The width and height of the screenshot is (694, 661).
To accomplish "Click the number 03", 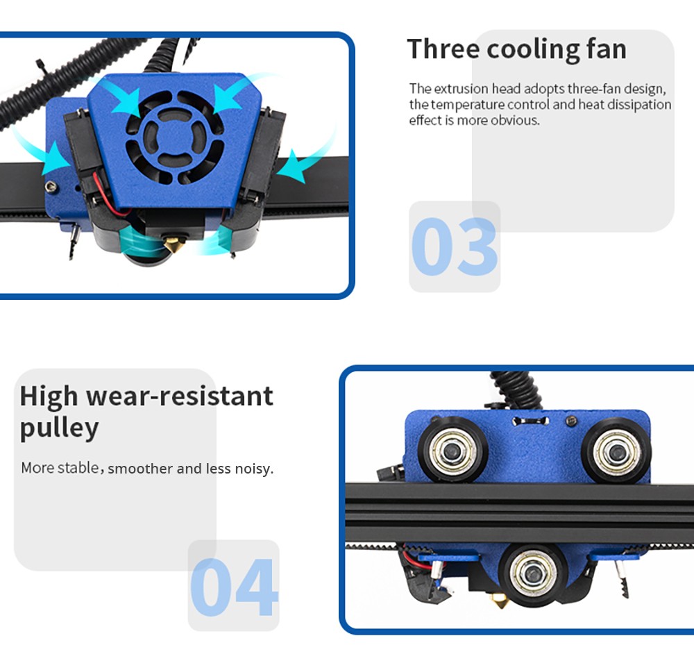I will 454,247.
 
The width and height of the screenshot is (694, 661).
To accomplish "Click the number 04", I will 234,587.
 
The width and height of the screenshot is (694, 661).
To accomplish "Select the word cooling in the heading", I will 533,49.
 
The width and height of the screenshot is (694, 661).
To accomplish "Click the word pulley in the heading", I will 59,428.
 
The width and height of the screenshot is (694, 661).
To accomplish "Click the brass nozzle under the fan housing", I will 170,244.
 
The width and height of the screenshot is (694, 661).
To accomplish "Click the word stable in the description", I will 78,468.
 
